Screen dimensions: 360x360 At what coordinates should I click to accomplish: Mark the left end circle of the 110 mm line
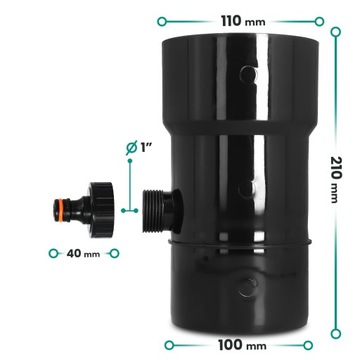161,19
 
